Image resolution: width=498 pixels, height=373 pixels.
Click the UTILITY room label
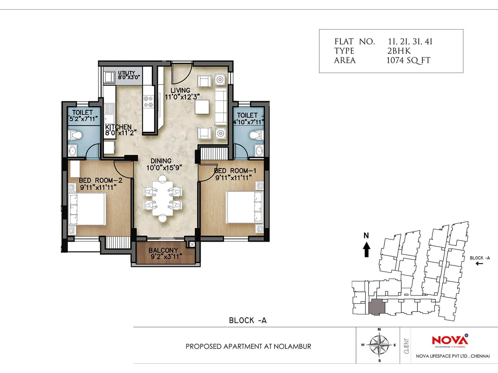[x=126, y=73]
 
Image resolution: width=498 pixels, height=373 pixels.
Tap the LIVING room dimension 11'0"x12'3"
[x=182, y=97]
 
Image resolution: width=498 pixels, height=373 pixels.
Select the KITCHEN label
[x=118, y=127]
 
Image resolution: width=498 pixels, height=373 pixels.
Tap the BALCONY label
[x=163, y=250]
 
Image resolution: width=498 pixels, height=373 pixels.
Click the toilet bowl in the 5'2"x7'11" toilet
[x=75, y=135]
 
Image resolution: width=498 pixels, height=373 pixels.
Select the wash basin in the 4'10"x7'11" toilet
[x=260, y=151]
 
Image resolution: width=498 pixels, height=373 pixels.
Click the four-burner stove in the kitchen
[x=148, y=101]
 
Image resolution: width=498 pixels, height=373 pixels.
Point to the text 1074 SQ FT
[x=408, y=60]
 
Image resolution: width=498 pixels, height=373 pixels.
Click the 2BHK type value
[x=399, y=51]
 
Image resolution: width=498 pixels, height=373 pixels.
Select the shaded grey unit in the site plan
[x=377, y=307]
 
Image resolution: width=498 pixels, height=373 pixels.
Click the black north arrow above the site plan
[x=367, y=249]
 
